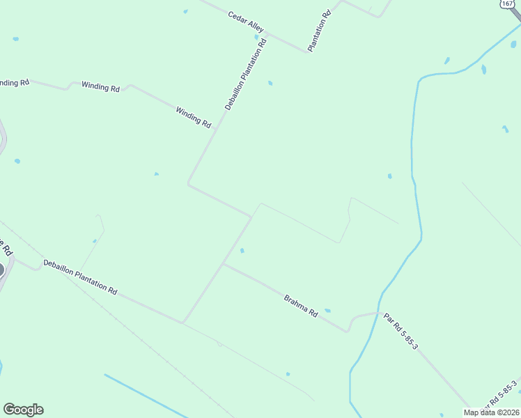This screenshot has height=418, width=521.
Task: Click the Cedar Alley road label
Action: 246,22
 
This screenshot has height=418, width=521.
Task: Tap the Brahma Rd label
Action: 301,307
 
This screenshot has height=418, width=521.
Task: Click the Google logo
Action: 23,410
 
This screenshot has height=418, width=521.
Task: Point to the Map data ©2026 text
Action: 491,412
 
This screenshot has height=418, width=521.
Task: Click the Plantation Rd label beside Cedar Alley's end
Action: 319,31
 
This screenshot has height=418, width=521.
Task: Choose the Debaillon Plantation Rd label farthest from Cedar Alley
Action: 80,277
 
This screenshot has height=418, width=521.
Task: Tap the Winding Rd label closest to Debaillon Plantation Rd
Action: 194,116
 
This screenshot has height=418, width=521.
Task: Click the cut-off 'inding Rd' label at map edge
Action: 14,82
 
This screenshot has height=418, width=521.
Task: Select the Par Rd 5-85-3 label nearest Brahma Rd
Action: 401,330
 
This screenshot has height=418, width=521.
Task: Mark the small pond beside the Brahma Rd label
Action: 327,311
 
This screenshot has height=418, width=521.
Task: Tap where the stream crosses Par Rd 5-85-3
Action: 378,313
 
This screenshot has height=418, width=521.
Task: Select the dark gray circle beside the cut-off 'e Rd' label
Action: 1,270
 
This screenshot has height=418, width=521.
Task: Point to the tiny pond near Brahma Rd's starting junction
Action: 242,251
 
